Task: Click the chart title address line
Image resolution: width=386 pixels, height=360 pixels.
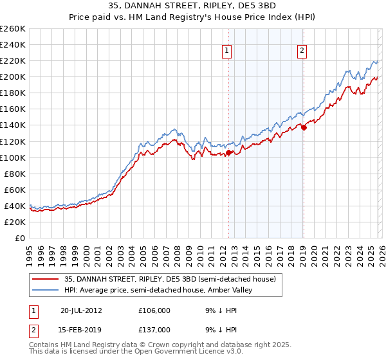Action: click(x=193, y=6)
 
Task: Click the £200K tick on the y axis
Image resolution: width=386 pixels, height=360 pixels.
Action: click(x=13, y=76)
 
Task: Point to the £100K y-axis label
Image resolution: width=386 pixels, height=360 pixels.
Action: click(x=13, y=157)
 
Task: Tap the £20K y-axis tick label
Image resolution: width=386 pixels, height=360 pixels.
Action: click(x=15, y=222)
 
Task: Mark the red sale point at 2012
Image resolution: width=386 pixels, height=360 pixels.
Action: click(x=228, y=153)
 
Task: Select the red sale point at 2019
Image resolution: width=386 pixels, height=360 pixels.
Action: click(x=304, y=127)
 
